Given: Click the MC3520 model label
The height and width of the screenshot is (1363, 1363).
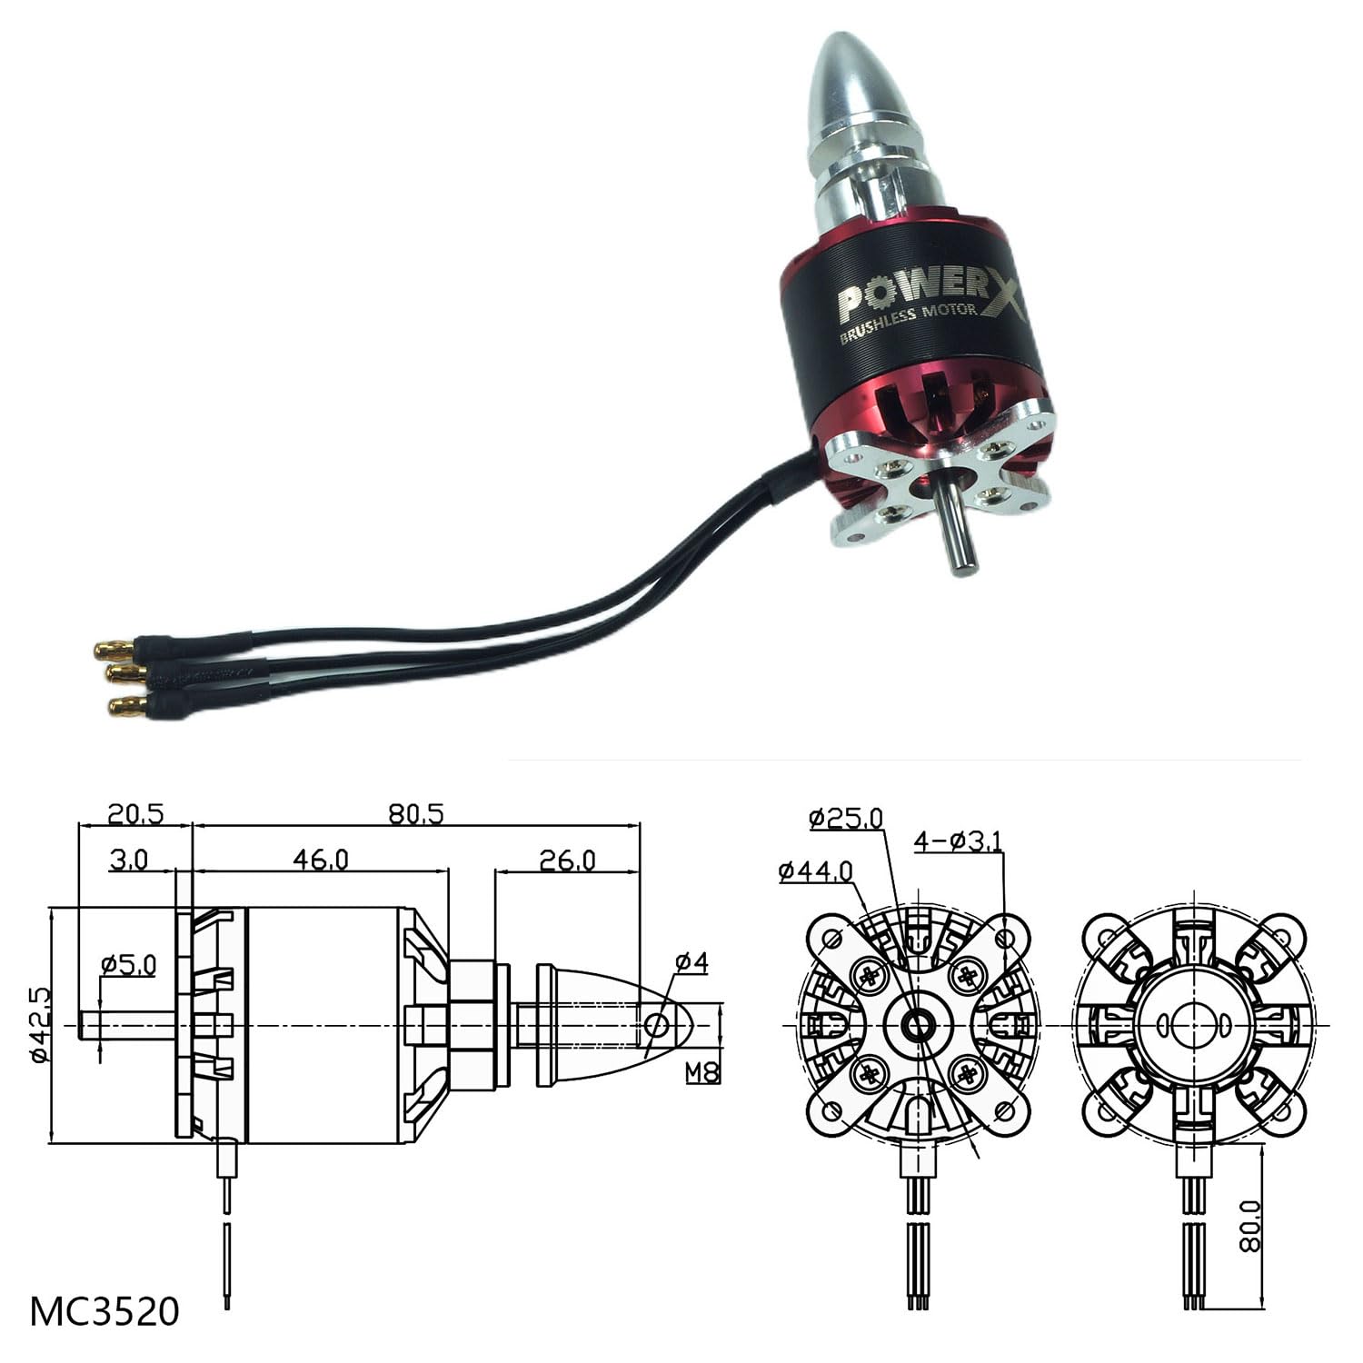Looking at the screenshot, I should (104, 1311).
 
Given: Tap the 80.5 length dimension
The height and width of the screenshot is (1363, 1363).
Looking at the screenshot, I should (416, 814).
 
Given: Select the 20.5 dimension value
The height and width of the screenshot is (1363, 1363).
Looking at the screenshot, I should (135, 814).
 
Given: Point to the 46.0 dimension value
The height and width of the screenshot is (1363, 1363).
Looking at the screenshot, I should (321, 860).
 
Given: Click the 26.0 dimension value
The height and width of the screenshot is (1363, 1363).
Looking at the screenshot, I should (567, 860).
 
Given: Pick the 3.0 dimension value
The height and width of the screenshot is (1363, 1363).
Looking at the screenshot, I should (128, 860).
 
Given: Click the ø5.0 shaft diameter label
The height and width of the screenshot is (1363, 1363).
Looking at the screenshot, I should (128, 963).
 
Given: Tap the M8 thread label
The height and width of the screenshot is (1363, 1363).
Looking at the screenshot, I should (702, 1073).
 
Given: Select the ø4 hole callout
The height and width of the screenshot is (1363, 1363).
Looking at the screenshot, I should (691, 962).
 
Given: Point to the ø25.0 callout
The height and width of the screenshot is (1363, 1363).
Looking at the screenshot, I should (846, 819).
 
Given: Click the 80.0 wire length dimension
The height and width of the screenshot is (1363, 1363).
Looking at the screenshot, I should (1251, 1225).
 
